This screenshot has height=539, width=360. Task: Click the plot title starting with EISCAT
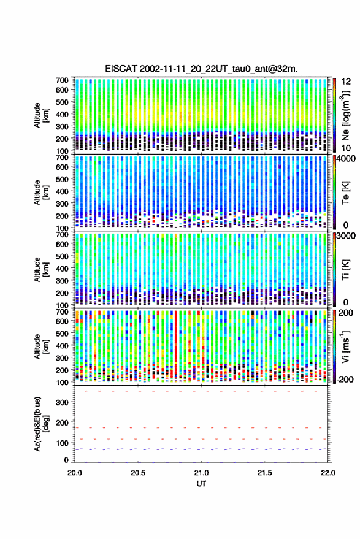201,69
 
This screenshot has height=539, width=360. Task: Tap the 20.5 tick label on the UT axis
138,473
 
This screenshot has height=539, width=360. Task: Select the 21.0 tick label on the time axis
202,473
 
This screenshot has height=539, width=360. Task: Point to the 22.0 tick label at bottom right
327,473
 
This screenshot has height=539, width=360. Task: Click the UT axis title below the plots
201,484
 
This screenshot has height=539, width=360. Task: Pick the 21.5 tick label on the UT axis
264,473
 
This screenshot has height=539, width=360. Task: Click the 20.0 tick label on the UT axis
75,473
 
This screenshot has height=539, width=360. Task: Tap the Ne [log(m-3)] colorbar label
345,115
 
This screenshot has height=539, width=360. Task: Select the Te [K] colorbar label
345,193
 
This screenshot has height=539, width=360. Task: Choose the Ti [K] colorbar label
345,270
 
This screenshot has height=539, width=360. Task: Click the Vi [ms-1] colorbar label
345,346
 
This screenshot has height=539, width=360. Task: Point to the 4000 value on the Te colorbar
346,159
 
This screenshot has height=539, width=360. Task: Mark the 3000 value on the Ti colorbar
346,236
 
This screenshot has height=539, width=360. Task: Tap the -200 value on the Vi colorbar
345,380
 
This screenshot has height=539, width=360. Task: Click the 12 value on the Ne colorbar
346,82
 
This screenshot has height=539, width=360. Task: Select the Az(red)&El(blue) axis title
41,424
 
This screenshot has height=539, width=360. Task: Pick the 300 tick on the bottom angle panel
62,402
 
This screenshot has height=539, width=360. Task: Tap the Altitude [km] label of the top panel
41,115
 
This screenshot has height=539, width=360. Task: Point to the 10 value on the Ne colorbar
346,148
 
